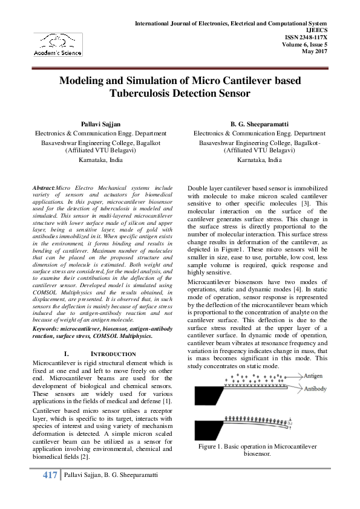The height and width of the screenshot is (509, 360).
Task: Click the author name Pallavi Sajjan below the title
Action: tap(100, 124)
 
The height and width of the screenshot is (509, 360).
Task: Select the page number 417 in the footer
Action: tap(49, 476)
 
